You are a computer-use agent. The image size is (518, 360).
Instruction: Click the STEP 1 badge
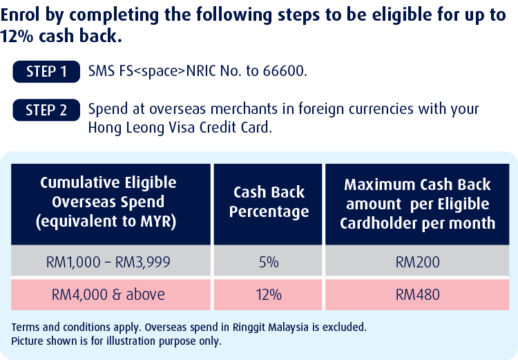[46, 71]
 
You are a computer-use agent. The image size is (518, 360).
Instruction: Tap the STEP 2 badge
[46, 110]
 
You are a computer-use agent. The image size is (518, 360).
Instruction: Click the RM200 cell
[417, 262]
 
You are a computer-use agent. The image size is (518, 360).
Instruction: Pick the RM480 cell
[417, 294]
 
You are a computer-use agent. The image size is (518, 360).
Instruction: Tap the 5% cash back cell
[268, 262]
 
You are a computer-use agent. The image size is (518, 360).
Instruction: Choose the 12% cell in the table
[268, 294]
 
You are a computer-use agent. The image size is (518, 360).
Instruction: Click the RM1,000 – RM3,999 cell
[111, 262]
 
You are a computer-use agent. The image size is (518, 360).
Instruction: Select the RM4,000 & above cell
[111, 294]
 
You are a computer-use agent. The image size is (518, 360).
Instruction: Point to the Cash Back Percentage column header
[268, 205]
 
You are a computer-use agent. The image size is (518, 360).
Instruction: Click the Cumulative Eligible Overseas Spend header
[111, 205]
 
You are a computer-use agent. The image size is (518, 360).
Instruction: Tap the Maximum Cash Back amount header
[417, 205]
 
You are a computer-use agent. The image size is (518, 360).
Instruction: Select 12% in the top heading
[17, 36]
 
